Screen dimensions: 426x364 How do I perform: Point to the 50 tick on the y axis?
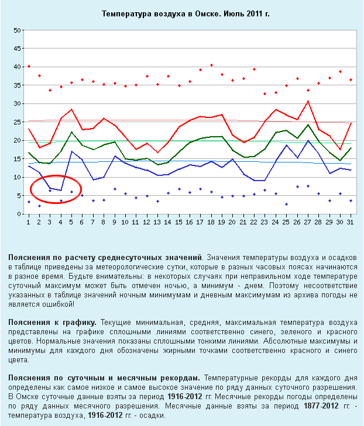18,30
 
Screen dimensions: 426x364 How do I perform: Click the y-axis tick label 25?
18,122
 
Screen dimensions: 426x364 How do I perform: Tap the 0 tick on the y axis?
19,214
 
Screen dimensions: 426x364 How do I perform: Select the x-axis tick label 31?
350,223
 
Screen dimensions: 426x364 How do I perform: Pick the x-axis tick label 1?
29,223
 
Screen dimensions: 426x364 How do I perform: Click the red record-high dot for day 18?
211,65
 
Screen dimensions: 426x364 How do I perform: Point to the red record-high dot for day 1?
29,67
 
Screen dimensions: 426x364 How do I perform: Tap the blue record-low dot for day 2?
39,206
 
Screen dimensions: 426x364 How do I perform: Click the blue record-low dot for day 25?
286,204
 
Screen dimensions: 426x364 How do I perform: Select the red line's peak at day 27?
308,102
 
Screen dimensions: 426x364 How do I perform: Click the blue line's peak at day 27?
308,140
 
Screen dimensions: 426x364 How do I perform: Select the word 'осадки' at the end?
153,415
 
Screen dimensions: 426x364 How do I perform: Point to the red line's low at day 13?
157,153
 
